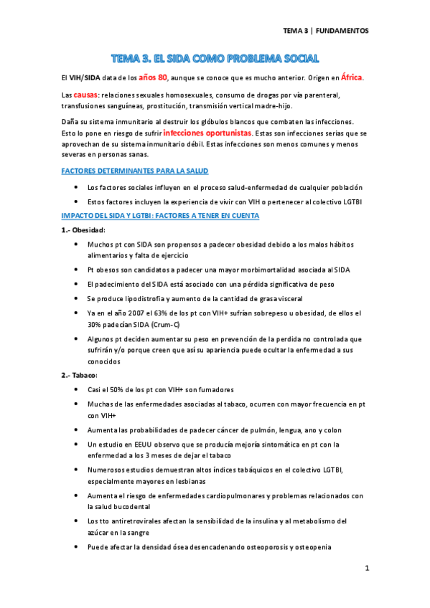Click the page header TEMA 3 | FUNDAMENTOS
[x=325, y=31]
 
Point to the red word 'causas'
[x=85, y=95]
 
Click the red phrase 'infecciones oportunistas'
[x=207, y=133]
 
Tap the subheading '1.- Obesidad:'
[x=83, y=230]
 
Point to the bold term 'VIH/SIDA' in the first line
[x=85, y=78]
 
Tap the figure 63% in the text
[x=164, y=313]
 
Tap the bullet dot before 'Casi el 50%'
[x=77, y=389]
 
